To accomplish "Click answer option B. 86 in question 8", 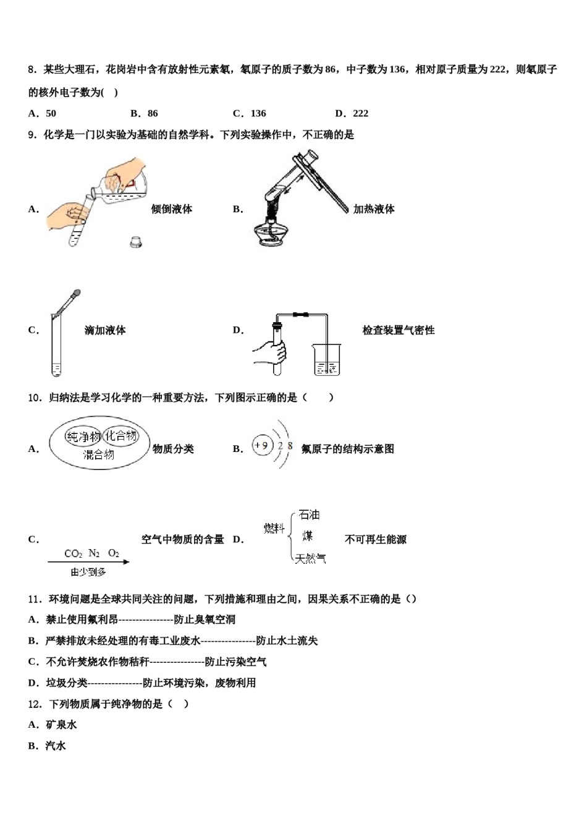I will [144, 113].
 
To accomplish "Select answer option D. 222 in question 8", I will [352, 113].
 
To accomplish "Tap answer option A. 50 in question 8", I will [42, 113].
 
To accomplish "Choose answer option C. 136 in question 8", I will [249, 113].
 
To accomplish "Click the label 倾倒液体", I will [172, 209].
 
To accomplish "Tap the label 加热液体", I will [374, 209].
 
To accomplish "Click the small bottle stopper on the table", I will [136, 242].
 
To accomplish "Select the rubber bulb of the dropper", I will [77, 293].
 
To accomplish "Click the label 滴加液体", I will [105, 330].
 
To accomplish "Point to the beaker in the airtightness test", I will [327, 360].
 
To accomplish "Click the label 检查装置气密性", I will [399, 330].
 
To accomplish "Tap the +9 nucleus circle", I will [262, 445].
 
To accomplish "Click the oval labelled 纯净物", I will [83, 437].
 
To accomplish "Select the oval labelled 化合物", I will [121, 436].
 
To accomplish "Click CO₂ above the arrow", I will [73, 553].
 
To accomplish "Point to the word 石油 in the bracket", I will [309, 514].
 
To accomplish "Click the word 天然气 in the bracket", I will [310, 558].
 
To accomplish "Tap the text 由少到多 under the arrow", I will [88, 573].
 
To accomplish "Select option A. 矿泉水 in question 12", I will [53, 725].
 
